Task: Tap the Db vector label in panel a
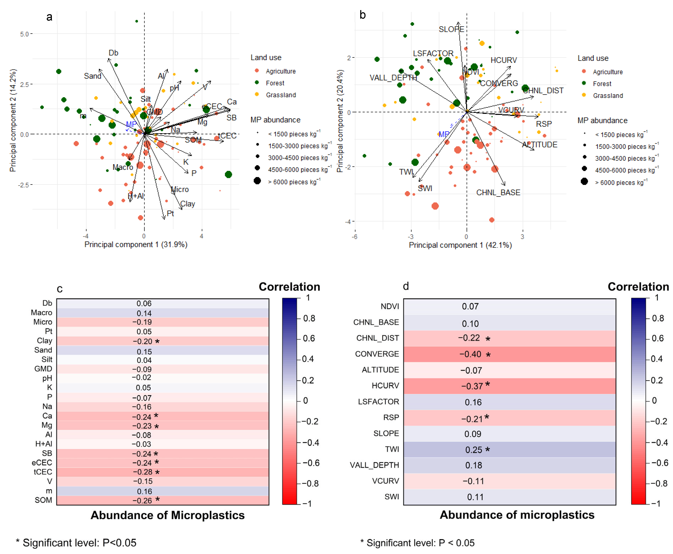[x=113, y=53]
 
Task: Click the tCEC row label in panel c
[x=43, y=472]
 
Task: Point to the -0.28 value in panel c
[x=142, y=472]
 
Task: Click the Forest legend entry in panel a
[x=275, y=83]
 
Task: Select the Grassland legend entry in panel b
[x=608, y=95]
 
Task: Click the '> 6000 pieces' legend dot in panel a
[x=257, y=181]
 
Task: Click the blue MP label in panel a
[x=131, y=124]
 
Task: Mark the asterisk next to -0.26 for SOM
[x=157, y=499]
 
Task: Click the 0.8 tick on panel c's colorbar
[x=309, y=318]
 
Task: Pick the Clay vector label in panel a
[x=188, y=204]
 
